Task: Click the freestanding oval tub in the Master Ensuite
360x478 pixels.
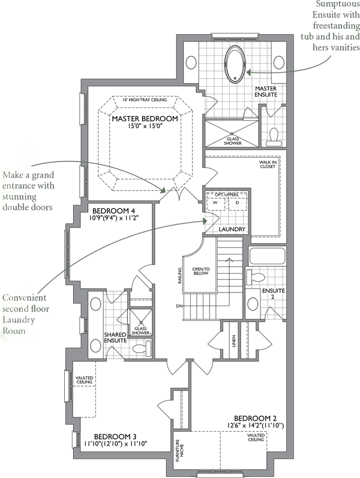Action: (235, 64)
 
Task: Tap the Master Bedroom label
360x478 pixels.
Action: (145, 118)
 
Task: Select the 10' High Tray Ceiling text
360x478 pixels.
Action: (145, 100)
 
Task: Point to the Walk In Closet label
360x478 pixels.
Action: (268, 165)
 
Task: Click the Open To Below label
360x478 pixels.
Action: (201, 271)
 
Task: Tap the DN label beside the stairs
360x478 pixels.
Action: (179, 306)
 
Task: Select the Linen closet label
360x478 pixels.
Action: (234, 341)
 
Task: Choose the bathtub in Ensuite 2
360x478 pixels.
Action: (268, 256)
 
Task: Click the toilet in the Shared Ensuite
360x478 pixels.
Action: (142, 349)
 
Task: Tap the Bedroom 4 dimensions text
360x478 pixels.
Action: (114, 218)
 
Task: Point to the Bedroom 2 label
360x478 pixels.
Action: (255, 418)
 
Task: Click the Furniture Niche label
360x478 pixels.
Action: (179, 450)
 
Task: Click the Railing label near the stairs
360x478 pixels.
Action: (180, 276)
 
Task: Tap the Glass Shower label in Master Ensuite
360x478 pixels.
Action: (233, 141)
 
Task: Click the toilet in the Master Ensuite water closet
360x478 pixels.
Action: (274, 137)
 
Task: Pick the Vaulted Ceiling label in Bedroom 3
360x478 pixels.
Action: (85, 380)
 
